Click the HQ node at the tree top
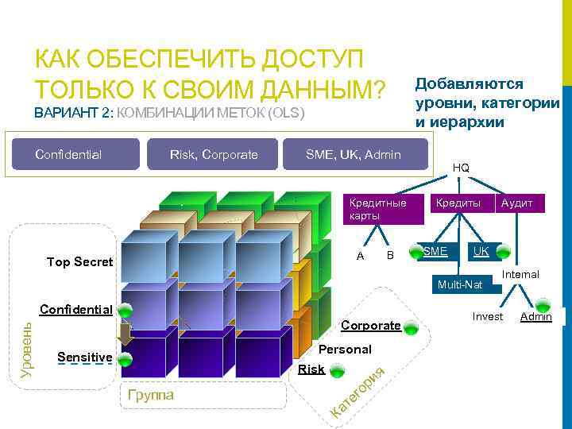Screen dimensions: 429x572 click(x=461, y=168)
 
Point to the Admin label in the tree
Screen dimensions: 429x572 click(x=535, y=318)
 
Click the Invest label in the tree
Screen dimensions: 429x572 click(x=487, y=316)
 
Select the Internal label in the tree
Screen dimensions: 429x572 click(x=521, y=274)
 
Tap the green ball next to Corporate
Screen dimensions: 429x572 click(x=411, y=327)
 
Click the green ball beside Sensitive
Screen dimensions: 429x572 click(x=124, y=359)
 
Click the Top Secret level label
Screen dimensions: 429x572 click(x=79, y=261)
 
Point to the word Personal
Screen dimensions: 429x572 click(x=345, y=349)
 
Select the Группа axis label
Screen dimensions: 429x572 click(x=150, y=394)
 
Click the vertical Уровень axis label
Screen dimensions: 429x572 click(x=25, y=350)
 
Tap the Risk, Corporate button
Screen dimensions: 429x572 click(x=213, y=154)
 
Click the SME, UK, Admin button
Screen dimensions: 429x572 click(x=353, y=154)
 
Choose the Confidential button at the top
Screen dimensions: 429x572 click(x=76, y=154)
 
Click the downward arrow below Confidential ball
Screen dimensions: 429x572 click(x=125, y=332)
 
